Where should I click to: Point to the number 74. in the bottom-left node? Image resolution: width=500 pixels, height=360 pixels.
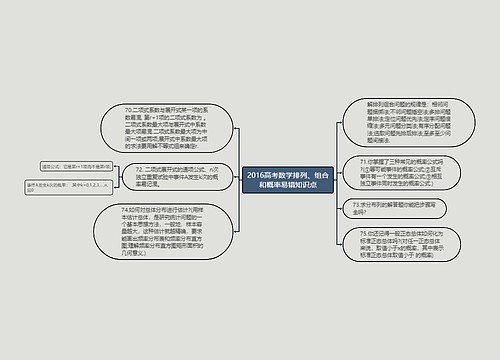tap(124, 208)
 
